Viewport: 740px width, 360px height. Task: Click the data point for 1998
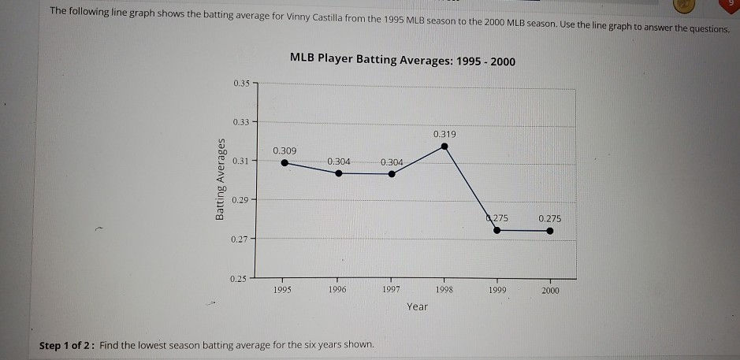445,146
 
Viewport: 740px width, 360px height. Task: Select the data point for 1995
284,164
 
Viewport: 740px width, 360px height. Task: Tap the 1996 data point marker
339,173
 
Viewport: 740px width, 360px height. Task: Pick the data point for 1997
392,174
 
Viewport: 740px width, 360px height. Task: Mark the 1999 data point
496,230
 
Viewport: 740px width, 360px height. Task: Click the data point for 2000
550,232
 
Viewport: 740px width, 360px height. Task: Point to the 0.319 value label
445,134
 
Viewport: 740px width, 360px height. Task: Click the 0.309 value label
284,150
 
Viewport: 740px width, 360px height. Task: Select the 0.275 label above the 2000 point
550,218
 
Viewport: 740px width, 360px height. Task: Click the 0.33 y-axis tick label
240,122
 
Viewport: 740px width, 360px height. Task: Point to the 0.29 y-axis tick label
240,201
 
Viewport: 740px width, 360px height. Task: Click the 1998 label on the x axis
444,290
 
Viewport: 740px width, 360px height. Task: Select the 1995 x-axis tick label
283,290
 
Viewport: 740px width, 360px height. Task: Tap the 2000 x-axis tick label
550,291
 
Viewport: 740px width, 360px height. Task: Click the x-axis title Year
418,306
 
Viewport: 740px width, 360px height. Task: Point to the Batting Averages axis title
222,180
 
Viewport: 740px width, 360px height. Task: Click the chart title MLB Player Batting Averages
403,58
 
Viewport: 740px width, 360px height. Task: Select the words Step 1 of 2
67,346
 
